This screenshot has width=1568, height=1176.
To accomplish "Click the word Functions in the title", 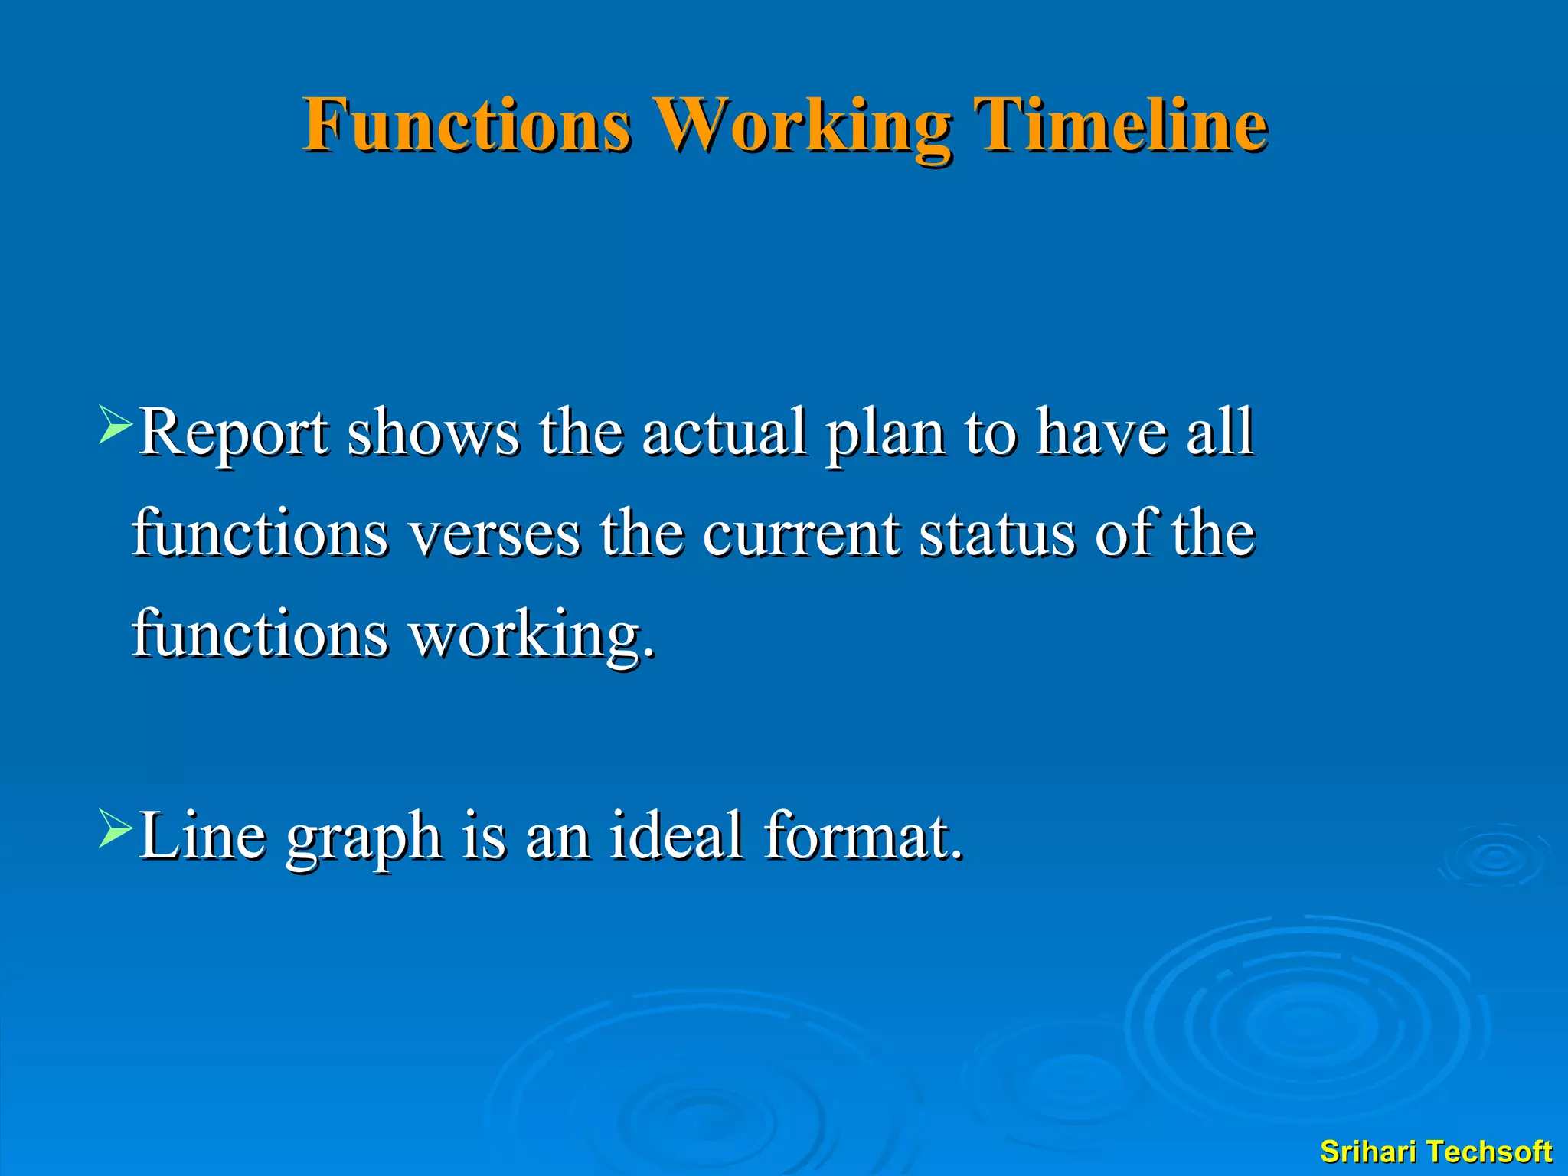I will (x=467, y=125).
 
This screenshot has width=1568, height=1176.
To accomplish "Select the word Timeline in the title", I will (x=1119, y=125).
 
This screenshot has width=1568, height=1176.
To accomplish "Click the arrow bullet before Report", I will (x=116, y=426).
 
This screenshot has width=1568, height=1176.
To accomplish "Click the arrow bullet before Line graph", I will (x=116, y=828).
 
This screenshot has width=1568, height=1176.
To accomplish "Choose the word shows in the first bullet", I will (x=433, y=433).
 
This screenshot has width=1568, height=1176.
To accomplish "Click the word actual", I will (x=724, y=433).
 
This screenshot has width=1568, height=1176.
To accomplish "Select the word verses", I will (x=495, y=534).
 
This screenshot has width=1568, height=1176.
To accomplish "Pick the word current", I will (x=801, y=534).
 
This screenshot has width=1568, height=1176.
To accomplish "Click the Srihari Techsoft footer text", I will (x=1436, y=1151).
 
